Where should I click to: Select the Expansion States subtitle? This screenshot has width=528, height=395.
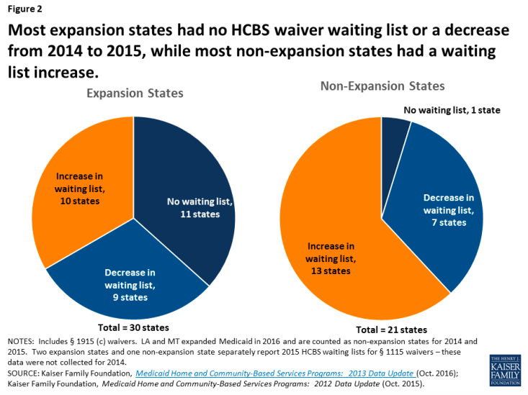coord(135,94)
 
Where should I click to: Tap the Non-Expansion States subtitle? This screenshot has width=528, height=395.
coord(382,87)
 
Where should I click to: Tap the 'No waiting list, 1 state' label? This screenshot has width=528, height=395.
coord(451,110)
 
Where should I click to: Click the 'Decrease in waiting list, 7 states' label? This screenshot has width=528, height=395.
coord(448,209)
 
